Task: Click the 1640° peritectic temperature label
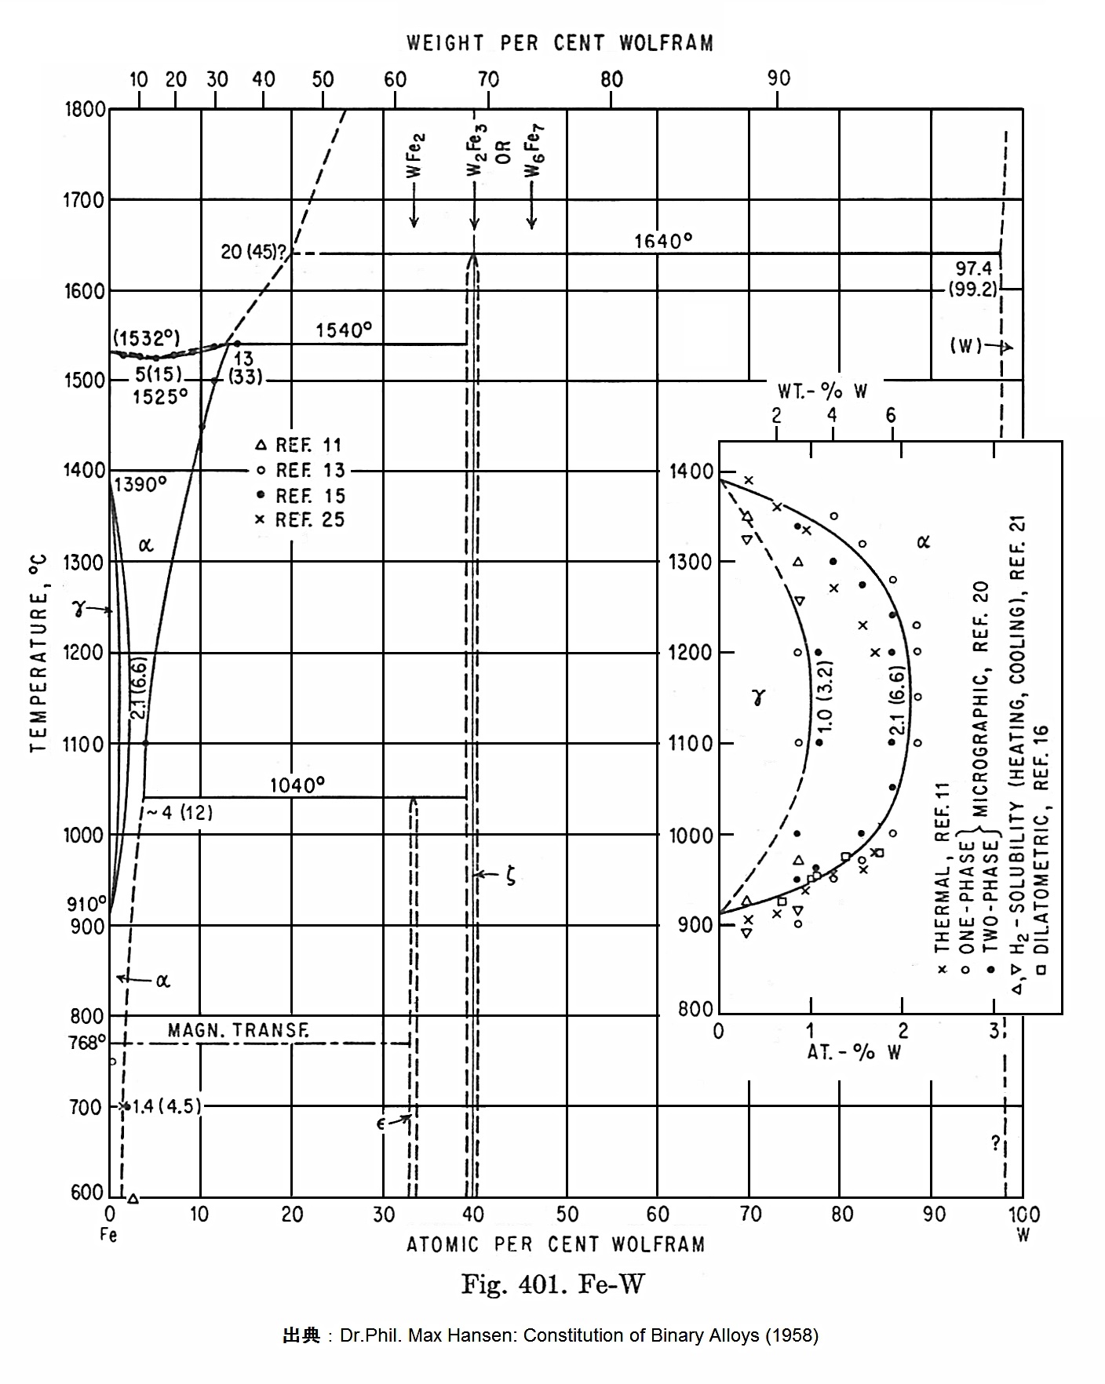(x=663, y=241)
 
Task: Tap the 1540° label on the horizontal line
(x=344, y=330)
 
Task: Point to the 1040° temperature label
(x=297, y=785)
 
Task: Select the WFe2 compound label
(x=415, y=157)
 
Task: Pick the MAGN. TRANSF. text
(x=238, y=1031)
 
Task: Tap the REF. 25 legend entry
(x=301, y=519)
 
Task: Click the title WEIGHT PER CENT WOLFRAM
(x=560, y=43)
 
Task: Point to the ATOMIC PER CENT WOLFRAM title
(x=555, y=1244)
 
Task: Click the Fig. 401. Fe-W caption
(x=552, y=1284)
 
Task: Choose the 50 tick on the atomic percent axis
(x=567, y=1215)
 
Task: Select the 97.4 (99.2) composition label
(x=973, y=279)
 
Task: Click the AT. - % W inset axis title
(x=854, y=1053)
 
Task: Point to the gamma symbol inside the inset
(x=757, y=697)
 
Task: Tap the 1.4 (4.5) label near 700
(x=166, y=1106)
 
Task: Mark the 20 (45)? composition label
(x=253, y=253)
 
